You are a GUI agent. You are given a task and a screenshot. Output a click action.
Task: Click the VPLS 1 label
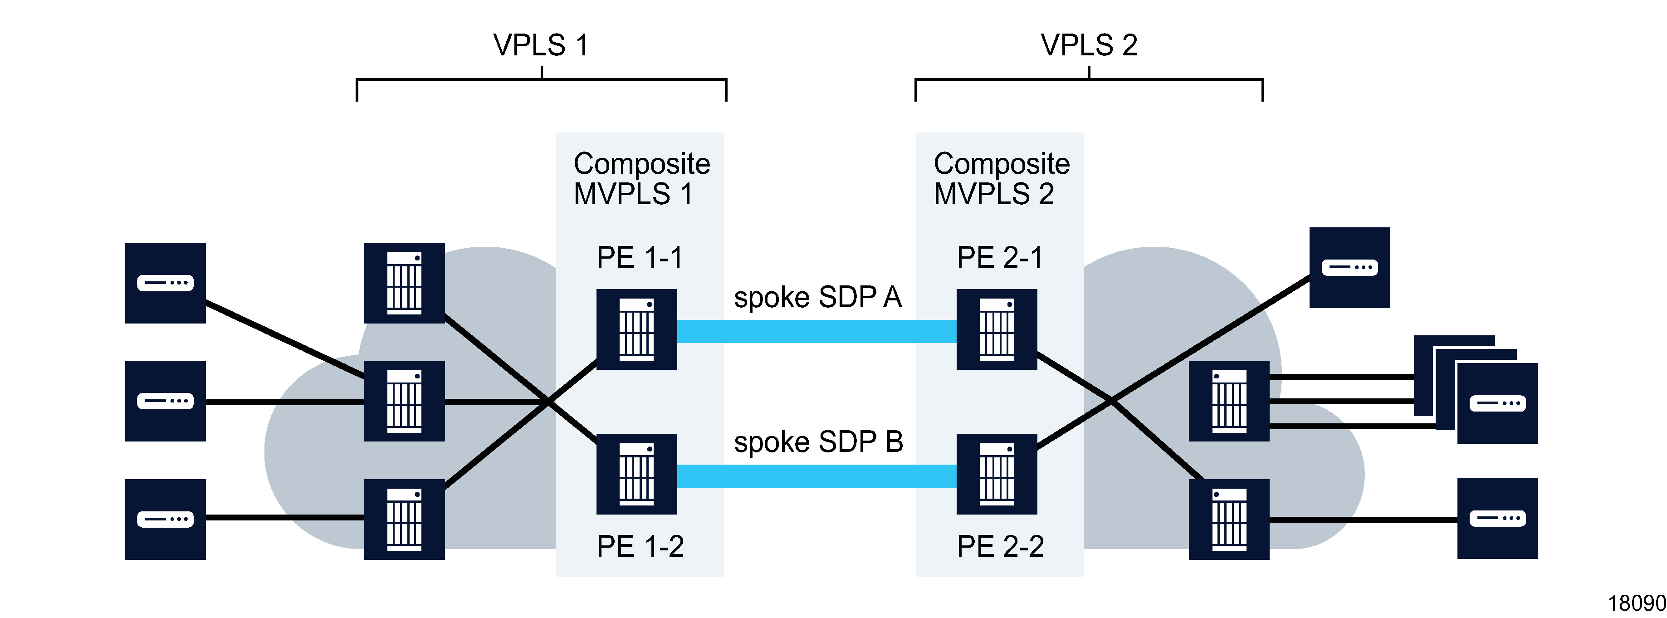[x=541, y=45]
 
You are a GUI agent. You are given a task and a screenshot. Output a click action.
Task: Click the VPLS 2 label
[x=1089, y=45]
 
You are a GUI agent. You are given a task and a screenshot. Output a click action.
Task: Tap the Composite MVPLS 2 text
[x=1001, y=179]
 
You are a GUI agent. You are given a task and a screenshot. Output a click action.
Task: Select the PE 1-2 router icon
[x=636, y=474]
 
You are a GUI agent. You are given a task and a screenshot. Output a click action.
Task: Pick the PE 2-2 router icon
[x=997, y=474]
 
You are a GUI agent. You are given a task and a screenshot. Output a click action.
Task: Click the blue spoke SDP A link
[x=816, y=331]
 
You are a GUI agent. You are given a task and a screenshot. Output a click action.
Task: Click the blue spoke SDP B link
[x=816, y=476]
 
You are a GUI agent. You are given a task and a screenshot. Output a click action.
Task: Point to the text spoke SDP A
[x=817, y=298]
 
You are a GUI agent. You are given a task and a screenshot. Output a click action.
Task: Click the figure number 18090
[x=1636, y=603]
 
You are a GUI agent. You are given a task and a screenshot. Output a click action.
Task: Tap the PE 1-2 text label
[x=640, y=547]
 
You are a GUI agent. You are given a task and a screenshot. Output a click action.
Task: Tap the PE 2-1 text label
[x=1000, y=258]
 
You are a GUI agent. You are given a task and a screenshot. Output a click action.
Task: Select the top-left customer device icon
[x=165, y=283]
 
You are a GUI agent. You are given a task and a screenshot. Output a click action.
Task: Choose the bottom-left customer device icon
[x=165, y=519]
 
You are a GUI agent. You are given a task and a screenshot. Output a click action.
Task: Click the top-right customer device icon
[x=1349, y=267]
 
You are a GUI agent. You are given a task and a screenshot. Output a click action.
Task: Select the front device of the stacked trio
[x=1497, y=403]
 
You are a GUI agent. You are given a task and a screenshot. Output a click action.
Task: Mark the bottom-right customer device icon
[x=1497, y=518]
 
